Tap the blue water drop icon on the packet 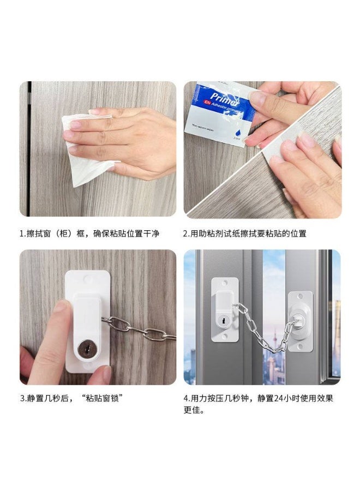click(x=237, y=132)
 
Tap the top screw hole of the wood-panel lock click(x=88, y=279)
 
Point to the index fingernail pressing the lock click(x=62, y=307)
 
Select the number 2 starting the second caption click(x=185, y=233)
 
